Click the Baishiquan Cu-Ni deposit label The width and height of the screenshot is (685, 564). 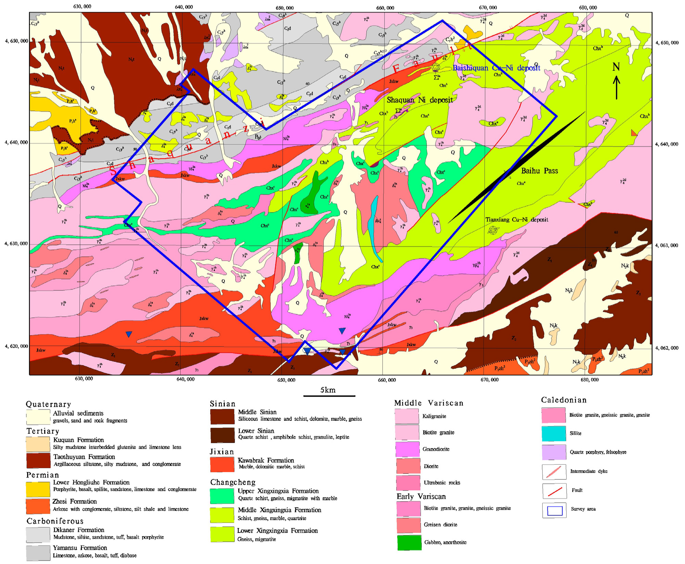coord(496,68)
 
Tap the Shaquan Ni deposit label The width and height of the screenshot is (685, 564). coord(419,100)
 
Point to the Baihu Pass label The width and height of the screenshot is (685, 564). coord(539,171)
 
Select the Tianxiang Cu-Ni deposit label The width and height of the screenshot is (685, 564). coord(517,220)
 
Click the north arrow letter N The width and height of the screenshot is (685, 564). coord(616,67)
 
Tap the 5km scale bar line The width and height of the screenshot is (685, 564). coord(329,396)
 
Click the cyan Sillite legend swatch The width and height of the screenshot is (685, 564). coord(554,433)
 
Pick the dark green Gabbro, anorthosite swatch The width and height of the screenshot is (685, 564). coord(409,542)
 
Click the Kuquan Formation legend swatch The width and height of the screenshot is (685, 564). coord(38,444)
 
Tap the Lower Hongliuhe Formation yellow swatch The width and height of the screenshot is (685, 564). coord(38,489)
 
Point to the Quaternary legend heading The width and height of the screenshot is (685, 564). coord(48,404)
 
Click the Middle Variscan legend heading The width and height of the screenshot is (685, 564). coord(429,403)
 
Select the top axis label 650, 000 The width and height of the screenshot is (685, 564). coord(284,8)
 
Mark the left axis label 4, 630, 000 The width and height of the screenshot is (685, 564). coord(16,244)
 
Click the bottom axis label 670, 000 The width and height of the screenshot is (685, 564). coord(489,380)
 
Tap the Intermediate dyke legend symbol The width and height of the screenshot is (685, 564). coord(554,472)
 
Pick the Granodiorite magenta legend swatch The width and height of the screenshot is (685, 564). coord(407,449)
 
